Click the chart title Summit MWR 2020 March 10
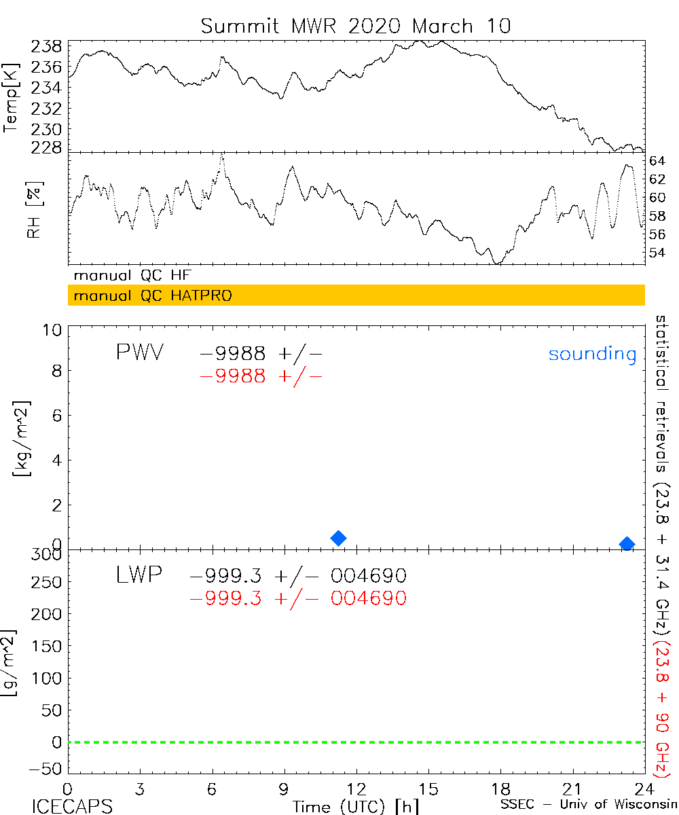click(355, 26)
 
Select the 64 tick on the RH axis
click(657, 161)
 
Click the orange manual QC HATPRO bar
click(356, 295)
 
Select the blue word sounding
click(592, 354)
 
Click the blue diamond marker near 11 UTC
click(338, 538)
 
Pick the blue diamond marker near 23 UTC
click(627, 544)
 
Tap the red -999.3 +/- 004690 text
click(298, 598)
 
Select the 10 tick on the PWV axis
click(55, 329)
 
